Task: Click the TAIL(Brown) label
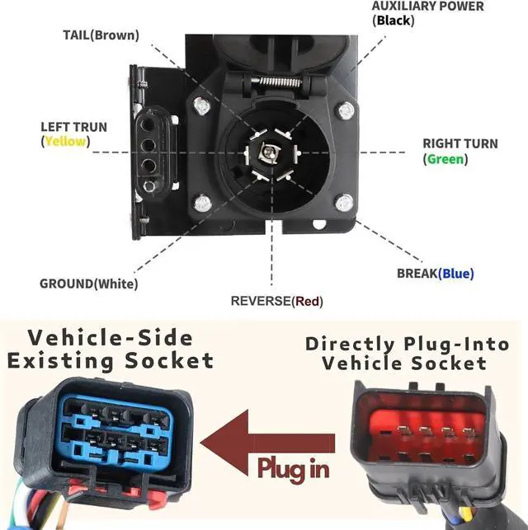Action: [x=101, y=35]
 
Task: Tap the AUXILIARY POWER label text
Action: [x=427, y=7]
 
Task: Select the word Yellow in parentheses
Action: [x=65, y=141]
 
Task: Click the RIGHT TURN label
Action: [x=460, y=143]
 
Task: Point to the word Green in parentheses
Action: [x=445, y=159]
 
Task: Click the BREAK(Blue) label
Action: [x=436, y=273]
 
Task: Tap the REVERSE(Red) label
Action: [x=276, y=301]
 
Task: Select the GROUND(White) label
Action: [x=88, y=284]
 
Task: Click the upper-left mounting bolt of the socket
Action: [x=201, y=106]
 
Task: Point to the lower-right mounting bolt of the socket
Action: [x=344, y=200]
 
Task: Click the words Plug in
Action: [x=293, y=468]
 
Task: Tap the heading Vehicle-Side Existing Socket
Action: [x=110, y=349]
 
